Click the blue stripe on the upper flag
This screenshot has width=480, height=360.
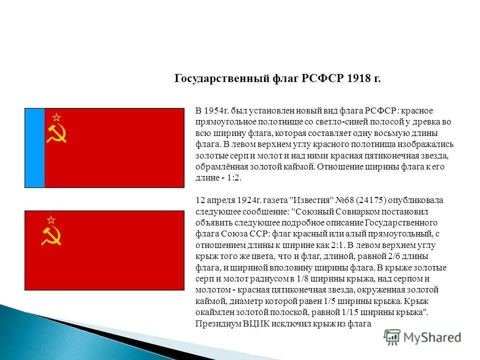click(35, 148)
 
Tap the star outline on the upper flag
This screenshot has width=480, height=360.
click(56, 117)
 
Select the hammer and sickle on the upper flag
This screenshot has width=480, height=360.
click(56, 133)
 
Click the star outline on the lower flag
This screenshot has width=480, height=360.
click(50, 220)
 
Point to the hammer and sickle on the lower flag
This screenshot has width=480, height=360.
click(50, 236)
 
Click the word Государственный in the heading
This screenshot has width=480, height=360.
click(215, 79)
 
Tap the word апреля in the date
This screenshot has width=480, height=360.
click(220, 200)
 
